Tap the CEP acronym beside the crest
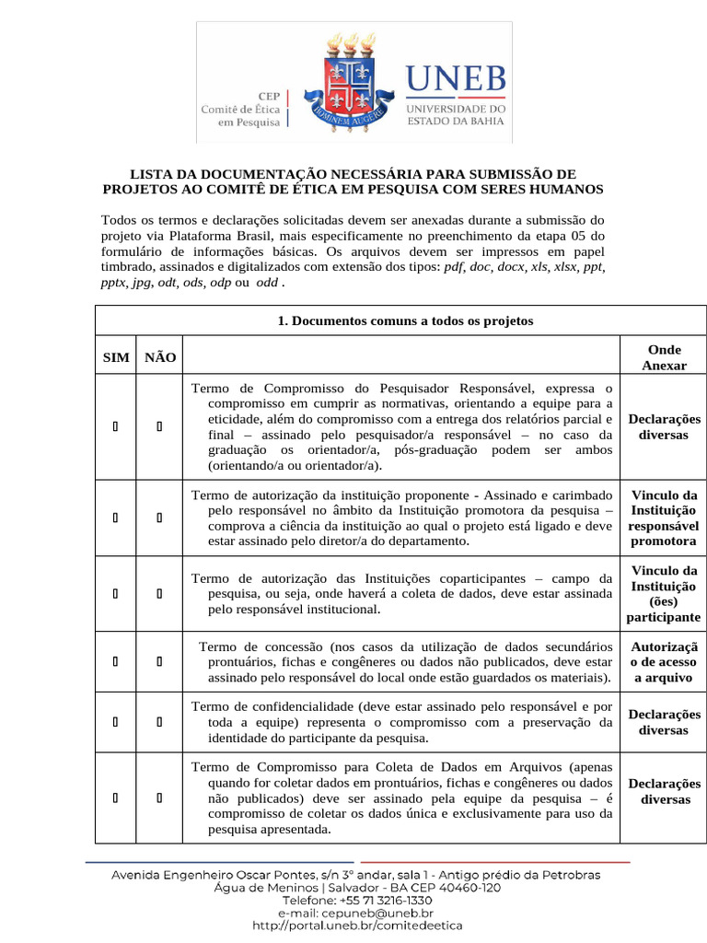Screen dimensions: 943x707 click(268, 95)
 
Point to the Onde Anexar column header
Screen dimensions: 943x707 click(664, 357)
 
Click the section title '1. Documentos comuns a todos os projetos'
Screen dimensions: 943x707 click(405, 320)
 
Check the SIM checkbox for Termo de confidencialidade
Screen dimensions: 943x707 click(115, 722)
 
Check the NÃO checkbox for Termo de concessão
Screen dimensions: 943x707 click(160, 662)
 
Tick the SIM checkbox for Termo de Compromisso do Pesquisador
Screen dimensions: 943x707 click(115, 426)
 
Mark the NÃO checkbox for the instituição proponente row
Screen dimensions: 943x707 click(160, 518)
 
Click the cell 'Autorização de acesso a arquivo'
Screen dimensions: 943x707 click(664, 662)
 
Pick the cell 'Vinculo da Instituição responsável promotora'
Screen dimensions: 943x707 click(664, 518)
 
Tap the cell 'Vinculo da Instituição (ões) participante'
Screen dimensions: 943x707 click(664, 594)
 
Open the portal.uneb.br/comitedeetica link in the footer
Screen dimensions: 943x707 click(356, 925)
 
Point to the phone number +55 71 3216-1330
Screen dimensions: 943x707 click(382, 900)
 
